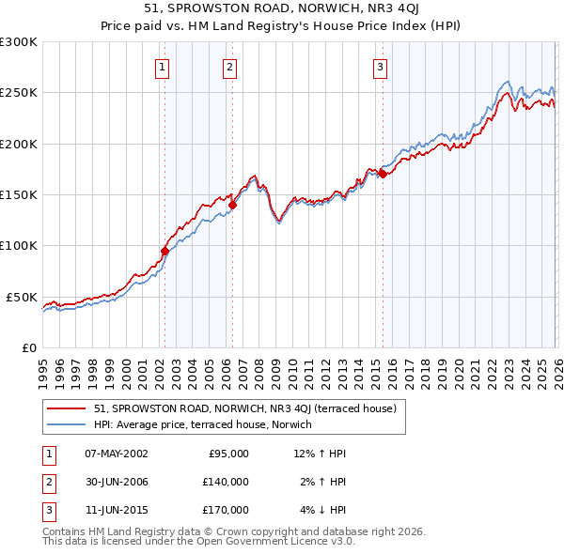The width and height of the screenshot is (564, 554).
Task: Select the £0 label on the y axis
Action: pos(29,347)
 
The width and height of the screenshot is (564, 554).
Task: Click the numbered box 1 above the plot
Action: pos(164,67)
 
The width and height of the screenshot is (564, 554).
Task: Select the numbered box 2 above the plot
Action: pos(229,67)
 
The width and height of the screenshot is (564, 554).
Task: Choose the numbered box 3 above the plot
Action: pos(380,67)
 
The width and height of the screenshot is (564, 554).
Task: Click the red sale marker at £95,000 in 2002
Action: pos(164,251)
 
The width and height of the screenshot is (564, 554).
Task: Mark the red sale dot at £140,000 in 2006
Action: pos(232,205)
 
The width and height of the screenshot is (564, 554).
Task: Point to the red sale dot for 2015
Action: pos(382,174)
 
